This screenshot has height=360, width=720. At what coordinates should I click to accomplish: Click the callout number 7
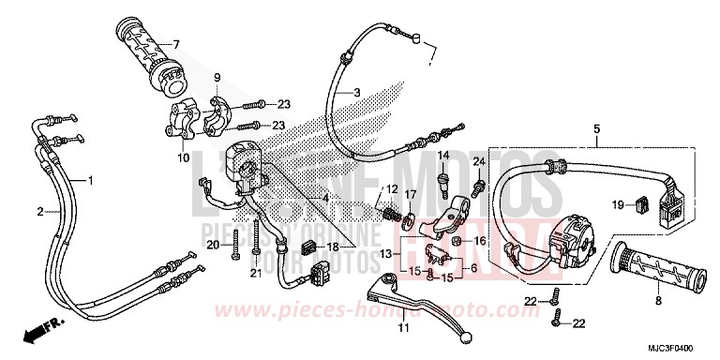coord(174,44)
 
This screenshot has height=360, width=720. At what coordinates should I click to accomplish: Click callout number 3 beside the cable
coord(356,94)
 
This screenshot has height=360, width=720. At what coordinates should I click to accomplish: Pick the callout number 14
coord(445,156)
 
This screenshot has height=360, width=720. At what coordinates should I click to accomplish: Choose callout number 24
coord(478,162)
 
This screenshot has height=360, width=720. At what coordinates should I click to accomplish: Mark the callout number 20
coord(212,246)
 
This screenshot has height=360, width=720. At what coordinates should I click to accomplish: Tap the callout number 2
coord(40,212)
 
